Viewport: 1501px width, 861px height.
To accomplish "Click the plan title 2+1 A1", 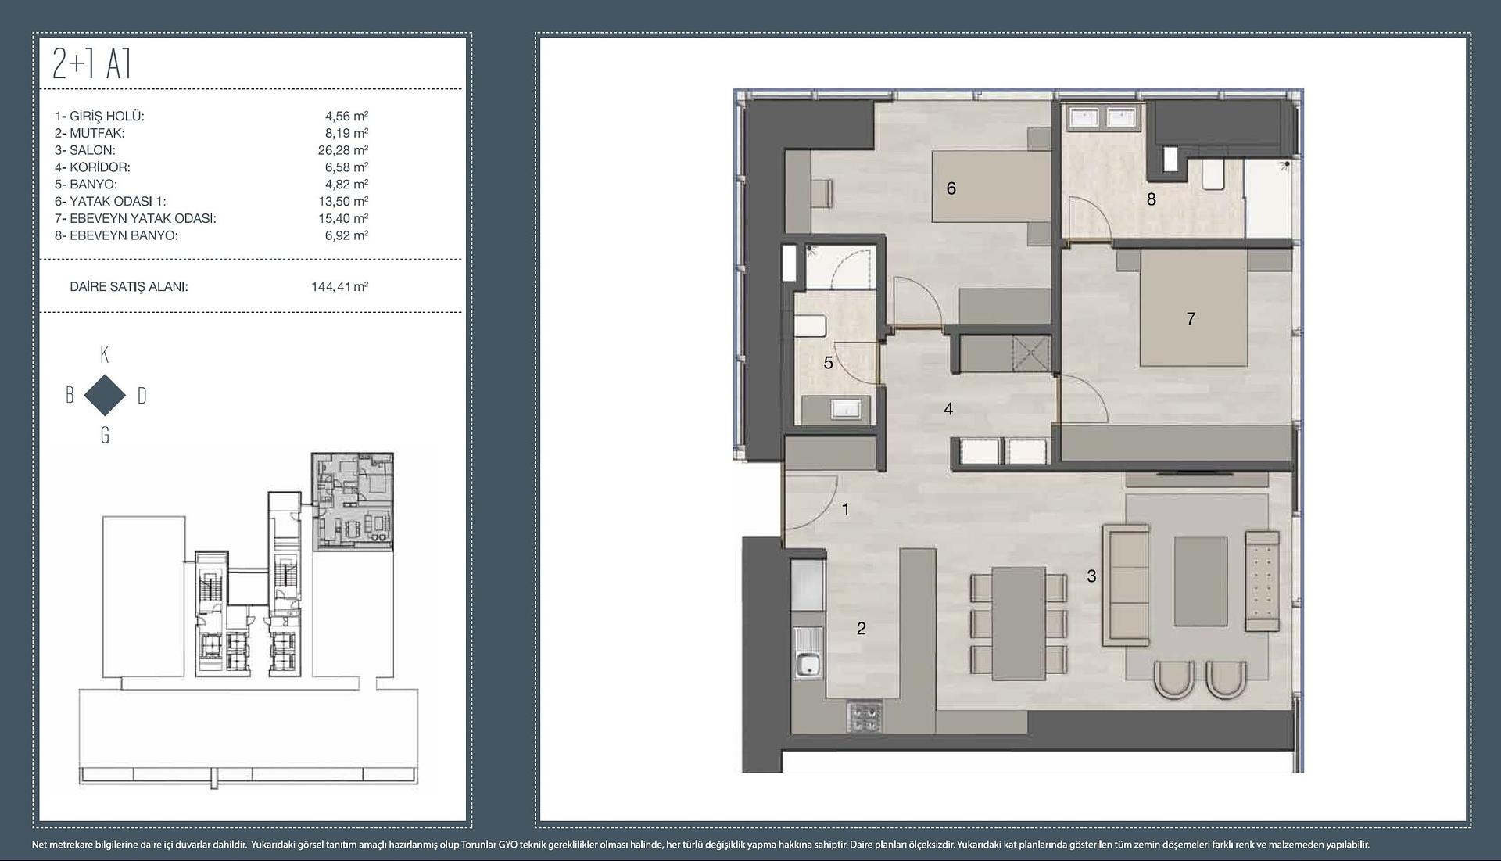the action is (x=91, y=64).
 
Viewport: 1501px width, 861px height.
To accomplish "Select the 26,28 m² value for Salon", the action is (x=342, y=150).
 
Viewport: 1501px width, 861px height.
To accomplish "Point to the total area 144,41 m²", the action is (x=339, y=286).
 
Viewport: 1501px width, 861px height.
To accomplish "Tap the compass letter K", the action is (x=105, y=355).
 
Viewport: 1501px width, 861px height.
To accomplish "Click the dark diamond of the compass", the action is (x=105, y=395).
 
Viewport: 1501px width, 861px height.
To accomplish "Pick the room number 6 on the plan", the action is (x=951, y=188).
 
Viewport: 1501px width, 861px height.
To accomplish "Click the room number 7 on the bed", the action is (x=1191, y=318).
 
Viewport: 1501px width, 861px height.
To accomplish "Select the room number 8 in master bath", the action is (x=1151, y=199).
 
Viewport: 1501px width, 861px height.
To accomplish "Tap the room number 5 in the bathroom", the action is (x=828, y=363).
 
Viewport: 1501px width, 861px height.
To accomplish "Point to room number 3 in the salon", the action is (x=1091, y=576).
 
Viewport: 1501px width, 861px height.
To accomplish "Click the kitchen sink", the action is (x=808, y=665).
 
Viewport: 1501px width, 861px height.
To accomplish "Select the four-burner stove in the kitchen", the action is (x=864, y=718).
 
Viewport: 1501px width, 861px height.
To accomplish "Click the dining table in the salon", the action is (x=1019, y=623).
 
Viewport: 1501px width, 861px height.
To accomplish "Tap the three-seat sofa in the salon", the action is (x=1125, y=585).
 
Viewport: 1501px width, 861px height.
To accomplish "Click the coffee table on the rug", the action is (x=1201, y=581).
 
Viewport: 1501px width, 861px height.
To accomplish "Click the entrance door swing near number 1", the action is (x=811, y=501).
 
